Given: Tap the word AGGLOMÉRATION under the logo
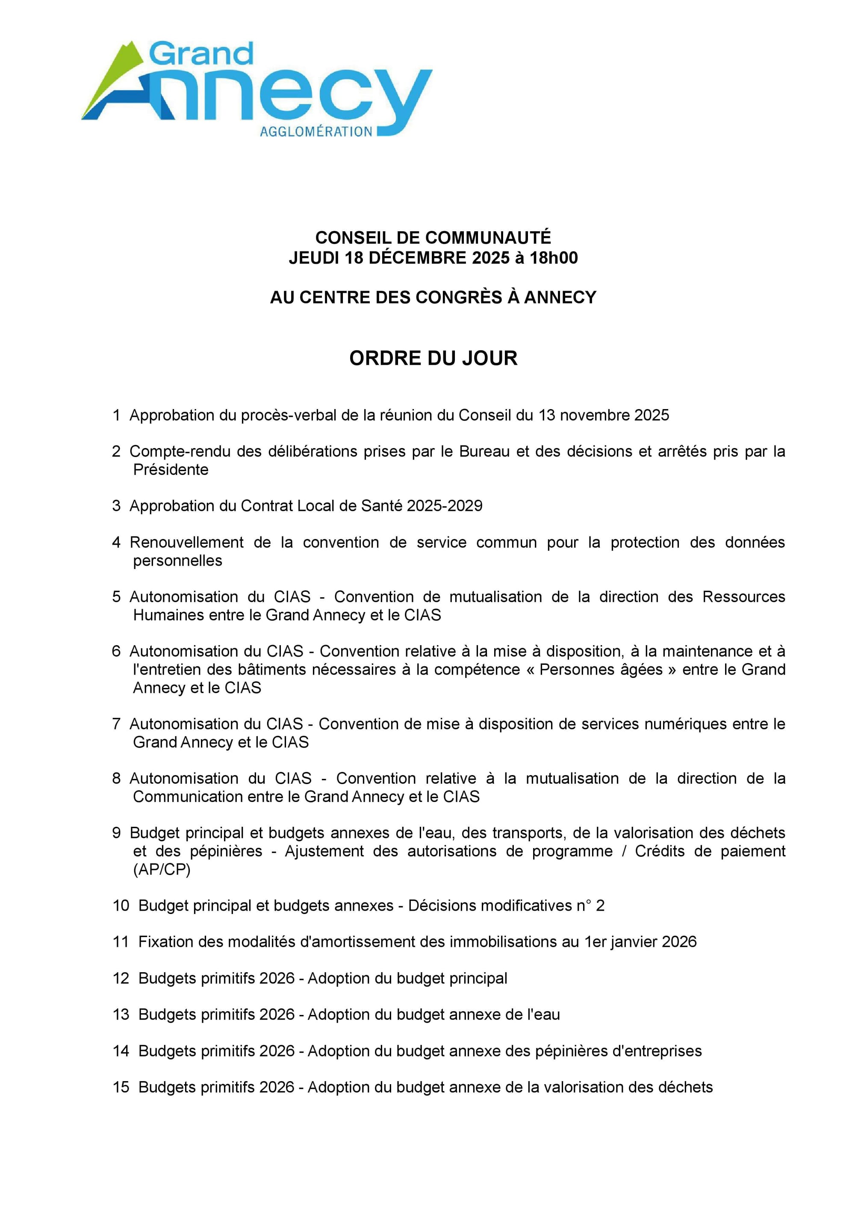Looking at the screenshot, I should (x=316, y=132).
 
